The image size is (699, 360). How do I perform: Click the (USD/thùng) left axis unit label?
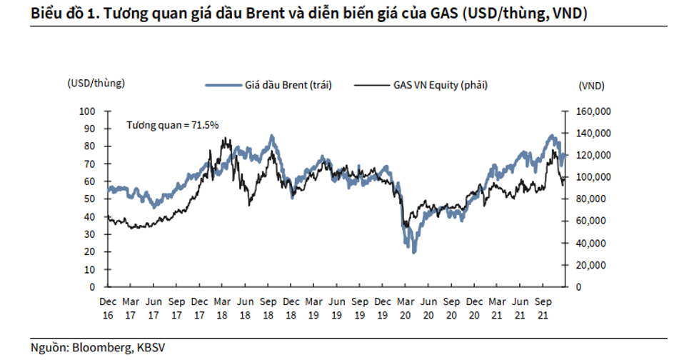(x=96, y=83)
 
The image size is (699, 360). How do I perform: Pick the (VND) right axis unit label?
(x=591, y=86)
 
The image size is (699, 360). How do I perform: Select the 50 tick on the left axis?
(x=89, y=199)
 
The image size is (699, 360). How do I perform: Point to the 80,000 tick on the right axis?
(x=590, y=199)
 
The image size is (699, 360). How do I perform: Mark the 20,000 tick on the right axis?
(x=590, y=265)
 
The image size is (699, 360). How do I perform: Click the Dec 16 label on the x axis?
(x=109, y=306)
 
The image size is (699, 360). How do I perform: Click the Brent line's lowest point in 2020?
(x=414, y=251)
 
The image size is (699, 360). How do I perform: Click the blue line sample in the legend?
(x=223, y=85)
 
